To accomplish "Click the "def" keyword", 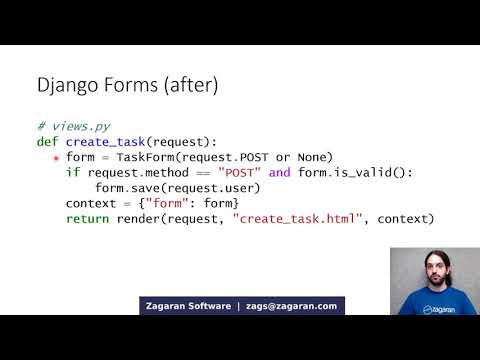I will click(48, 142).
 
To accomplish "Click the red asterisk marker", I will click(56, 158).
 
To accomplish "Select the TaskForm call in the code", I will click(173, 157).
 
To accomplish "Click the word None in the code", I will click(315, 157).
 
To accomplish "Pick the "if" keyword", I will click(72, 172).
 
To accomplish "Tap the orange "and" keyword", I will click(279, 172).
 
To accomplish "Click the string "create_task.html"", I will click(295, 218).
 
